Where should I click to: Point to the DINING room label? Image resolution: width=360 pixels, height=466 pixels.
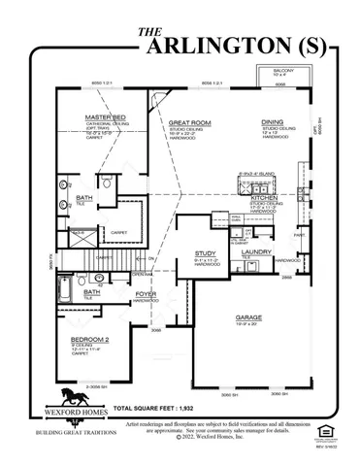(273, 122)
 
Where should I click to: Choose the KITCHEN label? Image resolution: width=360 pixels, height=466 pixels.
(265, 197)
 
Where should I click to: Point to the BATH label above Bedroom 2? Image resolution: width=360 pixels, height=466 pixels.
(92, 290)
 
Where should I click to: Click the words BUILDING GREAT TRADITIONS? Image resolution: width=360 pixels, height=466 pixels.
(75, 430)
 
